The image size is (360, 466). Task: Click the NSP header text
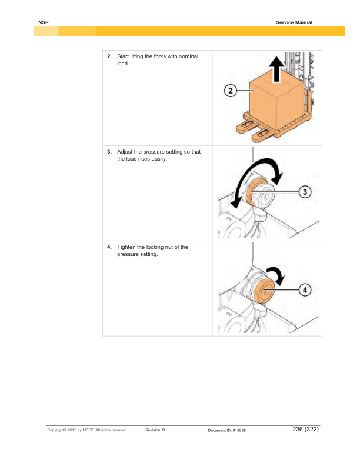43,22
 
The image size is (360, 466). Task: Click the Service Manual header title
294,22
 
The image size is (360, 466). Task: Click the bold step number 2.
109,56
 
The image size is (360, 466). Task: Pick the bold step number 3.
109,152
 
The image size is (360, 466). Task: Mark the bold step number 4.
109,247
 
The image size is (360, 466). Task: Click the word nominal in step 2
188,56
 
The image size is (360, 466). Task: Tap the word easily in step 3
159,159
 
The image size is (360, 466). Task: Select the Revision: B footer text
155,431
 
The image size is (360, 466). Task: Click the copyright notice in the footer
88,431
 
